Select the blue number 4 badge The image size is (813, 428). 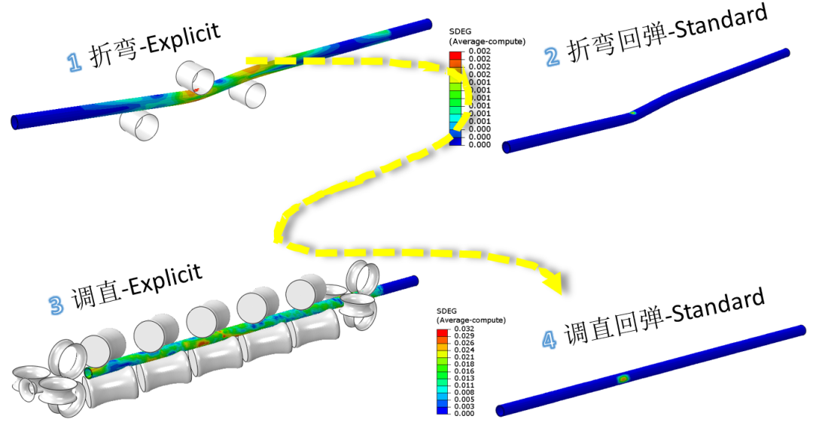point(550,340)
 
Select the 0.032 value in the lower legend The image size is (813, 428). point(464,330)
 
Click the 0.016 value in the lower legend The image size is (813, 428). point(464,372)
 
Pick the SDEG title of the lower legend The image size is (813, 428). point(448,311)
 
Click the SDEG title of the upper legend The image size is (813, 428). point(460,32)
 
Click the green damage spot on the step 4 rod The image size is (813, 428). point(623,378)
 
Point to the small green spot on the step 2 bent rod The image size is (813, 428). point(633,113)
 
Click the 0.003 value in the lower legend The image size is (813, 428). point(464,405)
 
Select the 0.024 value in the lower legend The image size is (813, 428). point(464,351)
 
